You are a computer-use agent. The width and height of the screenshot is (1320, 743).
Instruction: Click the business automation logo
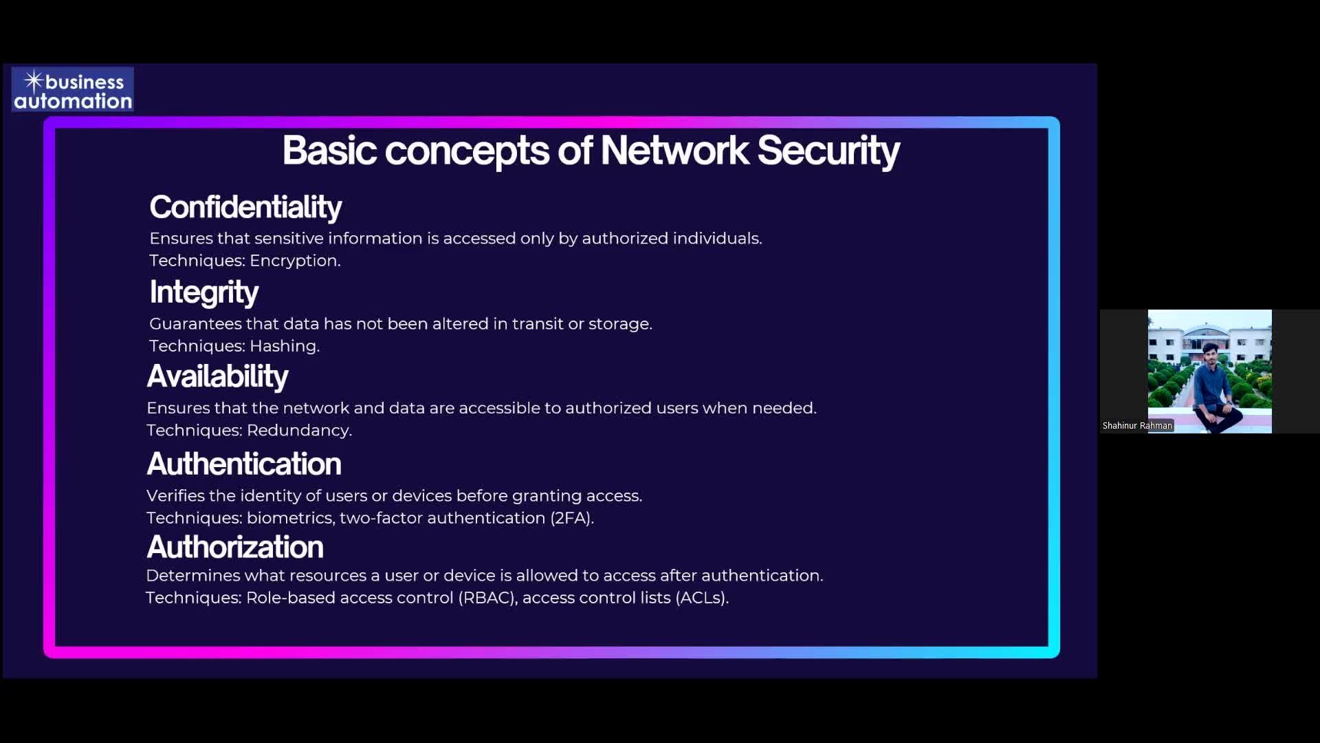coord(72,90)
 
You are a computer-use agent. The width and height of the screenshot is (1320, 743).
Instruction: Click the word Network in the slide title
coord(674,150)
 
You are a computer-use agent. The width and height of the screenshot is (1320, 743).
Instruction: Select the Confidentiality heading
coord(245,207)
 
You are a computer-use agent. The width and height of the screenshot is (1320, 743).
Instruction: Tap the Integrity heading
coord(204,292)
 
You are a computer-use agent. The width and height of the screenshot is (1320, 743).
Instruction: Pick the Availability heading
coord(217,376)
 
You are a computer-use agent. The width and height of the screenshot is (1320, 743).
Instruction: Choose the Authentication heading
coord(244,464)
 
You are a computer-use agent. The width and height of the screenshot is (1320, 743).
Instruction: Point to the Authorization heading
coord(235,547)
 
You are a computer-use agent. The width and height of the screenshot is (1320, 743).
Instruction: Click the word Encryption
coord(295,261)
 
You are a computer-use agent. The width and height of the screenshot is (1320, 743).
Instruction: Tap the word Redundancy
coord(299,431)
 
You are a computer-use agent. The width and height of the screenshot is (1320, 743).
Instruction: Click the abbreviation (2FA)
coord(572,518)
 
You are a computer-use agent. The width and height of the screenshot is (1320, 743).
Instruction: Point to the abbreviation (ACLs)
coord(702,598)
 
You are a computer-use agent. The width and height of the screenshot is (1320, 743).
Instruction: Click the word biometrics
coord(290,518)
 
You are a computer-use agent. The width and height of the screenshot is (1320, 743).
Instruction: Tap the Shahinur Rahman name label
coord(1137,426)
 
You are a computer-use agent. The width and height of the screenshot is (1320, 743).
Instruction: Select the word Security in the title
coord(828,151)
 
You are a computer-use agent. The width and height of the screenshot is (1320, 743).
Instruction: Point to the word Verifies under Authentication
coord(175,496)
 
